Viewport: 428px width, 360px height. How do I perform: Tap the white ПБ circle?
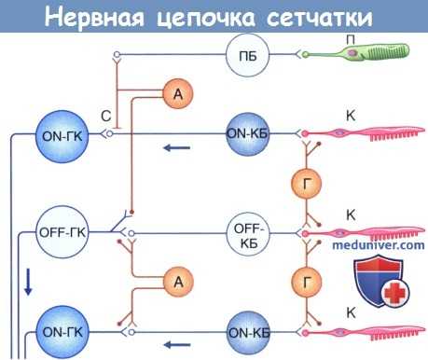coord(246,58)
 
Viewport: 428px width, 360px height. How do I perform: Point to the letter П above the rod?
coord(349,36)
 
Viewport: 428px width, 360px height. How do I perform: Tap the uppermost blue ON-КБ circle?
coord(248,133)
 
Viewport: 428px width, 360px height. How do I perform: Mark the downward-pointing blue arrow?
coord(28,281)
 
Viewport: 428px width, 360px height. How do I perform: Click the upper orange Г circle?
coord(304,182)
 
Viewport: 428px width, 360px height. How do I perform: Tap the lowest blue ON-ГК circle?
coord(58,331)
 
